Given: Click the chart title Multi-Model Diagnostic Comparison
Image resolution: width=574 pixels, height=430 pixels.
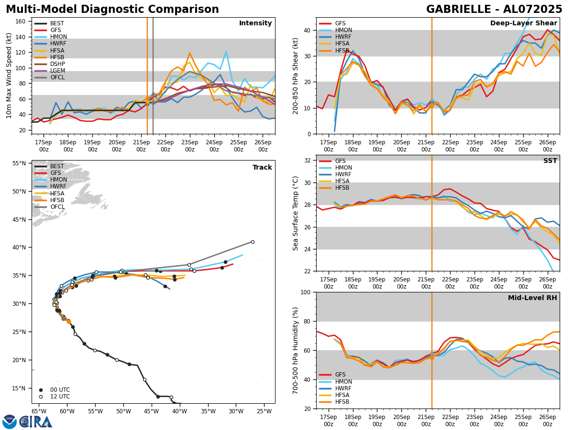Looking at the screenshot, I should [112, 10].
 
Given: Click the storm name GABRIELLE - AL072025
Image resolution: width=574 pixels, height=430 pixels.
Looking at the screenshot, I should [494, 10].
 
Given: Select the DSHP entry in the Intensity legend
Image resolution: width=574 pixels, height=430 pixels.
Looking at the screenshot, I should [57, 64].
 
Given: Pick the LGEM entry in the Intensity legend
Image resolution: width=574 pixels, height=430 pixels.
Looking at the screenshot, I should [57, 71].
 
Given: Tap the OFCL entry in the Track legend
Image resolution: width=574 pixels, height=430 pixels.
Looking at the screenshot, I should [57, 207].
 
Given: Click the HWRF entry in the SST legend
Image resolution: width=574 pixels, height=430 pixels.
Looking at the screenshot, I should [343, 174].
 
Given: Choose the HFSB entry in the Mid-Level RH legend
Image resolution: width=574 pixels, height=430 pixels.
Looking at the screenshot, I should [342, 402].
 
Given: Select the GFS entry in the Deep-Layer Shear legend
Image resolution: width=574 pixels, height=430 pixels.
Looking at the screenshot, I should [341, 23].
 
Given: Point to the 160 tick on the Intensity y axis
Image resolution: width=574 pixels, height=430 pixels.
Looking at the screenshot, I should [23, 21].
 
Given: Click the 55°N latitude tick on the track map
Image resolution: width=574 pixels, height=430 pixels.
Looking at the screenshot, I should [19, 163].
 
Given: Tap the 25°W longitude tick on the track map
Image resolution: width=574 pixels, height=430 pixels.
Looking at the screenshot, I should [264, 410].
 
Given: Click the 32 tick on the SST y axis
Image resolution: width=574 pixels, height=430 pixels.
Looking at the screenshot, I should [308, 161].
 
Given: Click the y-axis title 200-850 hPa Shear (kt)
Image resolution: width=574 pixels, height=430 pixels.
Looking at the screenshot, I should [296, 75].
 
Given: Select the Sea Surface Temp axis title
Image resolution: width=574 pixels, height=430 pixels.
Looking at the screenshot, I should [296, 213].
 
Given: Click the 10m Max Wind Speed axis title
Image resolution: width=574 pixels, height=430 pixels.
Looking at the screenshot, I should [9, 75].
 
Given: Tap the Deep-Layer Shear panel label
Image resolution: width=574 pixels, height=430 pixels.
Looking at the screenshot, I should [523, 23].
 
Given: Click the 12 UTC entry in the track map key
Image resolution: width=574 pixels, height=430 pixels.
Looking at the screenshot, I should [58, 397].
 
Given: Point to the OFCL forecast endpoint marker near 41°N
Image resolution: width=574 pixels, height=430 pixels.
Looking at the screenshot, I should [253, 242].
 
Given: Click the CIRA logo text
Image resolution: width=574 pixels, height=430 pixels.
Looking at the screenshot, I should [35, 422].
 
